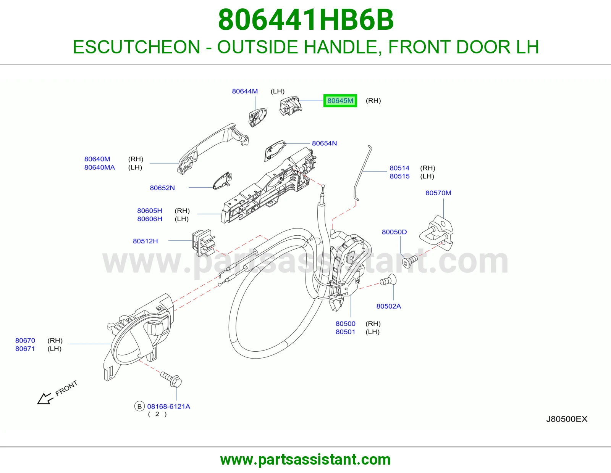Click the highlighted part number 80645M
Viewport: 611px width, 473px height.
pyautogui.click(x=340, y=101)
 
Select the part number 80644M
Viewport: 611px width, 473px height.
pyautogui.click(x=245, y=91)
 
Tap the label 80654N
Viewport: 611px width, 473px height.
pyautogui.click(x=324, y=143)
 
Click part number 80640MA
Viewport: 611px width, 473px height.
pyautogui.click(x=100, y=167)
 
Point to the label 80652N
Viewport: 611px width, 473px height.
pyautogui.click(x=162, y=188)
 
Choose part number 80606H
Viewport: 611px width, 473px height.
pyautogui.click(x=150, y=219)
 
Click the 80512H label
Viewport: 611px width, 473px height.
pyautogui.click(x=145, y=241)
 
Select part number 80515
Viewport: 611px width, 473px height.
pyautogui.click(x=399, y=176)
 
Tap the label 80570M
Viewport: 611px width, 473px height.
pyautogui.click(x=438, y=193)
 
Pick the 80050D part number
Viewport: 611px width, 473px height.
pyautogui.click(x=394, y=232)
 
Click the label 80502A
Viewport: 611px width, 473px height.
pyautogui.click(x=389, y=306)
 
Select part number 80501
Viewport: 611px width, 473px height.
pyautogui.click(x=345, y=332)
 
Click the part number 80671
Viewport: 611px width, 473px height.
pyautogui.click(x=25, y=349)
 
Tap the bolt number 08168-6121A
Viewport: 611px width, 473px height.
pyautogui.click(x=169, y=406)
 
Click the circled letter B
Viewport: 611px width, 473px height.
pyautogui.click(x=139, y=406)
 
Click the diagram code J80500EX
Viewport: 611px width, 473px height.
pyautogui.click(x=567, y=419)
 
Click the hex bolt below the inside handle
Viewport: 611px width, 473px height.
pyautogui.click(x=171, y=379)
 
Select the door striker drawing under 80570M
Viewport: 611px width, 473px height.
pyautogui.click(x=436, y=233)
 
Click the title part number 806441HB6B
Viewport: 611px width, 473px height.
pyautogui.click(x=305, y=20)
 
